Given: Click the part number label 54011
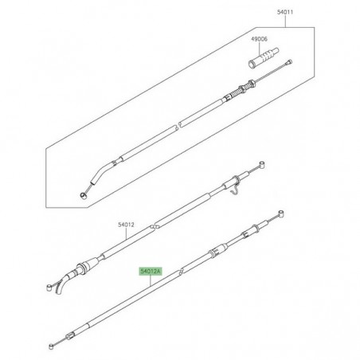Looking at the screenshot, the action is point(285,12).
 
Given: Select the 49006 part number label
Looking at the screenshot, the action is point(260,39).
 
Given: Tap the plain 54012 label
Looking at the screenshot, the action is point(126,225).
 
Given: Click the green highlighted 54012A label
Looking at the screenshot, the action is point(151,272).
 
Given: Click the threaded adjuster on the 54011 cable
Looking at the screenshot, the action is point(241,90).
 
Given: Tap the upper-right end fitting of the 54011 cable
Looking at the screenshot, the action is point(288,62).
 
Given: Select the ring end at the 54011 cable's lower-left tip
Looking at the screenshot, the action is point(84,196).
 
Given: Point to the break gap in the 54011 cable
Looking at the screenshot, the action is point(178,125).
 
